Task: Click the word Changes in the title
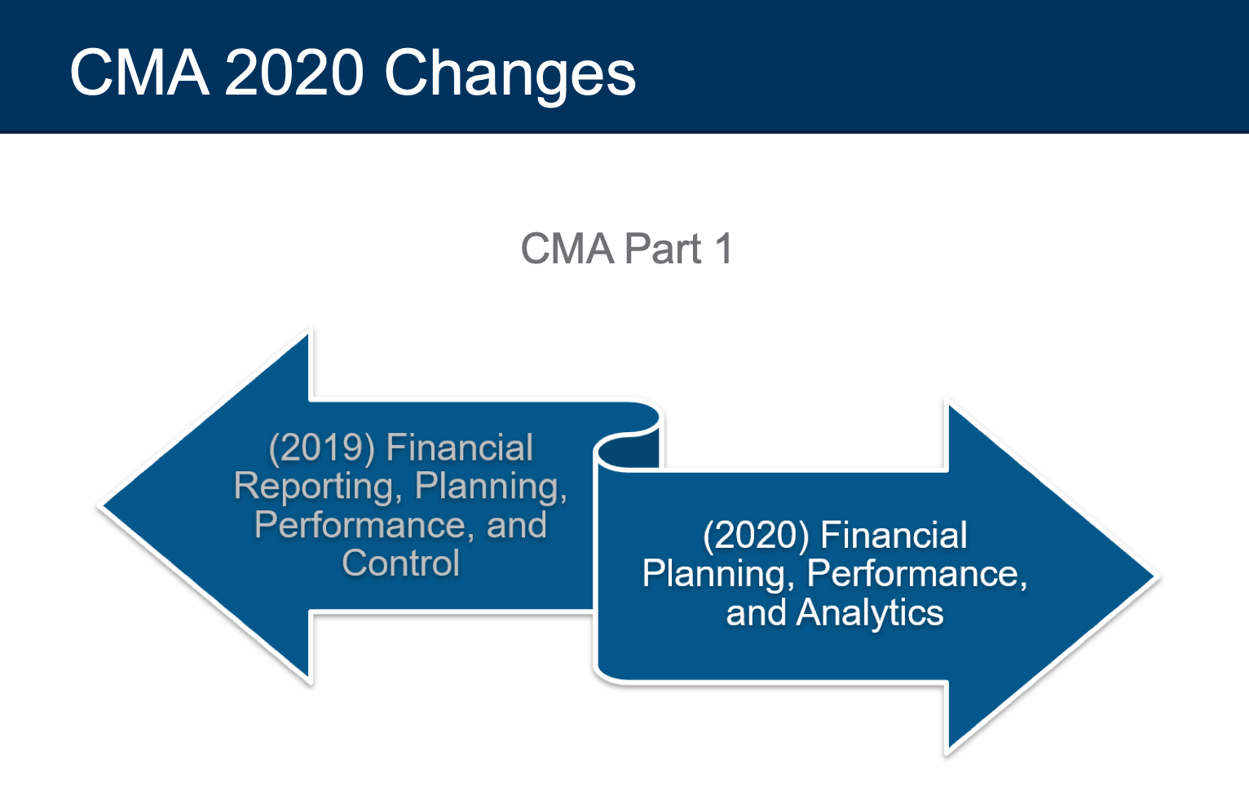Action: (x=510, y=74)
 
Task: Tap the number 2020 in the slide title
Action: (x=293, y=73)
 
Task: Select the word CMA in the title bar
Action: (x=139, y=73)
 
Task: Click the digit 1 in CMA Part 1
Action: (x=724, y=249)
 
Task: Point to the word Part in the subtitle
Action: (x=663, y=249)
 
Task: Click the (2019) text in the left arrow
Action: (x=322, y=448)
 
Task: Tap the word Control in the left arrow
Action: (x=401, y=563)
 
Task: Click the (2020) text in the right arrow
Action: (x=756, y=536)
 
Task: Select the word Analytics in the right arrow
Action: (x=869, y=613)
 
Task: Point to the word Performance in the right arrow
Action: (x=917, y=574)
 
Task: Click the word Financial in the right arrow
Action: (x=894, y=536)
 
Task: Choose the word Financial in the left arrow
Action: (x=460, y=448)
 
